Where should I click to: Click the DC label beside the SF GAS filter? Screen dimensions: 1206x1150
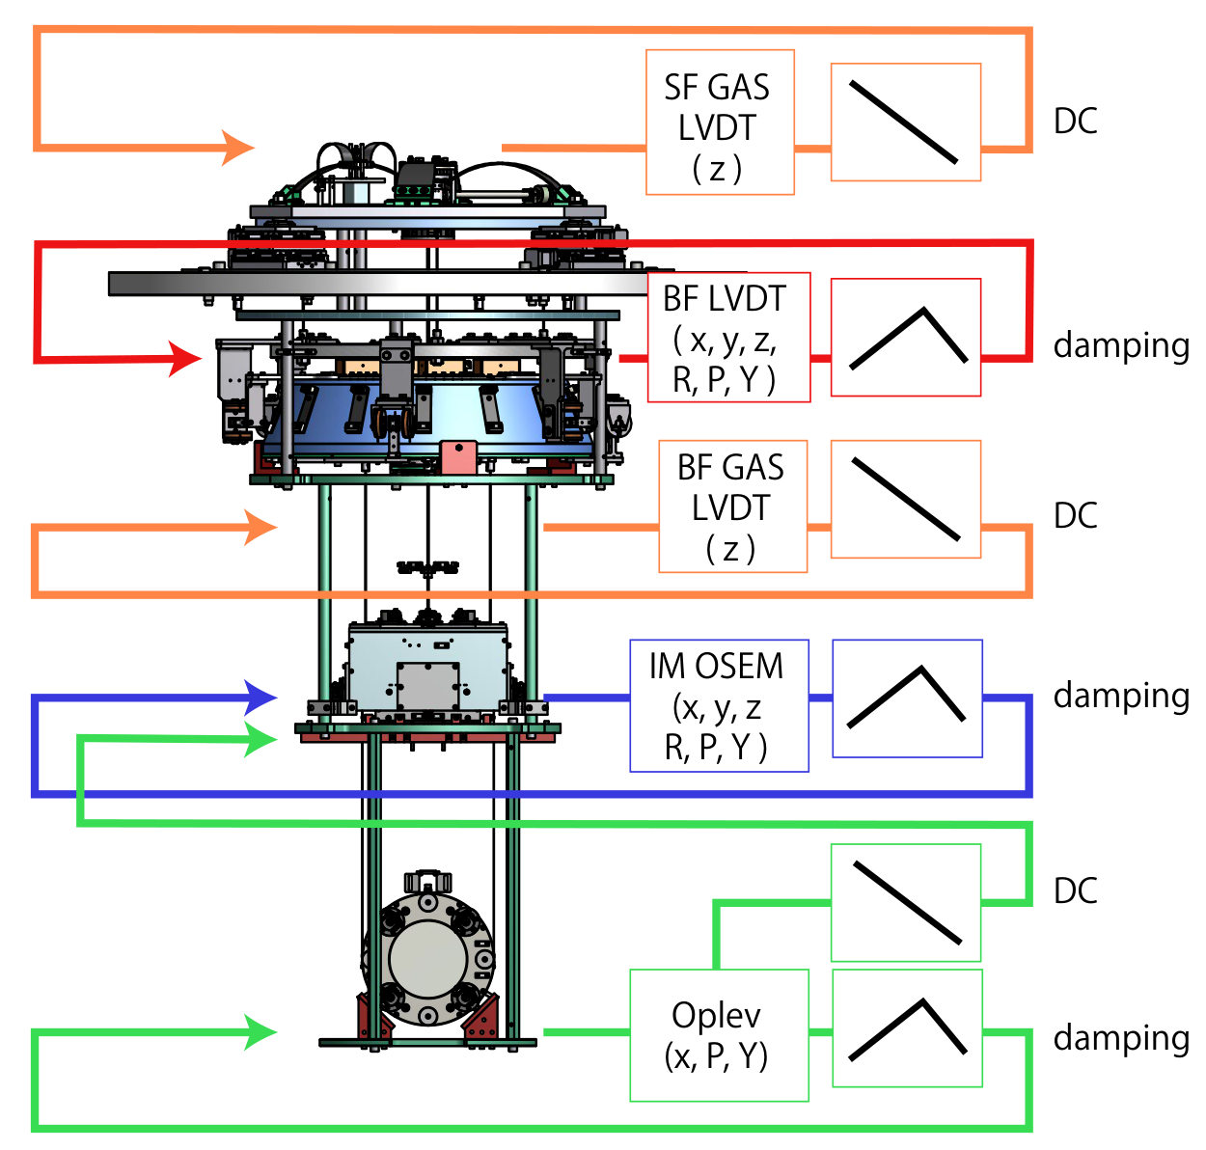pos(1075,121)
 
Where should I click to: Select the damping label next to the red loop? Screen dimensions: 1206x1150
pos(1121,345)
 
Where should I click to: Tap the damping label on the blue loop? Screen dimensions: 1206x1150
pos(1121,696)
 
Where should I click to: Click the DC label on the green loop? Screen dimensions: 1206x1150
pos(1075,890)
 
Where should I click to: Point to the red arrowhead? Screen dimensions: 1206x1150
pos(184,358)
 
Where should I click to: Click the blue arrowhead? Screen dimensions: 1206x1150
pos(260,698)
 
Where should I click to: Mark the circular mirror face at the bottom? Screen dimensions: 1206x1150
pos(428,959)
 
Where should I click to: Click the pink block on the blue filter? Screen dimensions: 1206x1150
pos(458,456)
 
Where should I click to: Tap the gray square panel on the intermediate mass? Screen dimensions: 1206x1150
pos(428,686)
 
